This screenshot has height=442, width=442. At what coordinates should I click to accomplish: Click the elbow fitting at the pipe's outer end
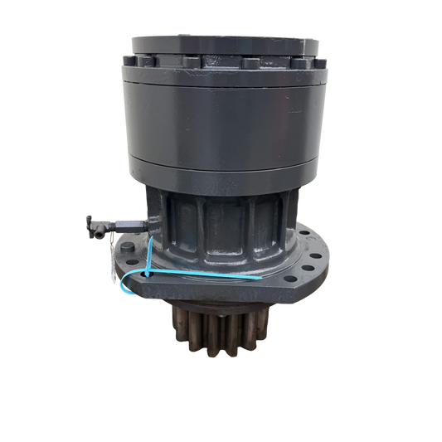90,221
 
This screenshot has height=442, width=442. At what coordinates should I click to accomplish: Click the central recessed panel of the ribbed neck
220,224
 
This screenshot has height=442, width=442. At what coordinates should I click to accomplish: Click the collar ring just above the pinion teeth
219,308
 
